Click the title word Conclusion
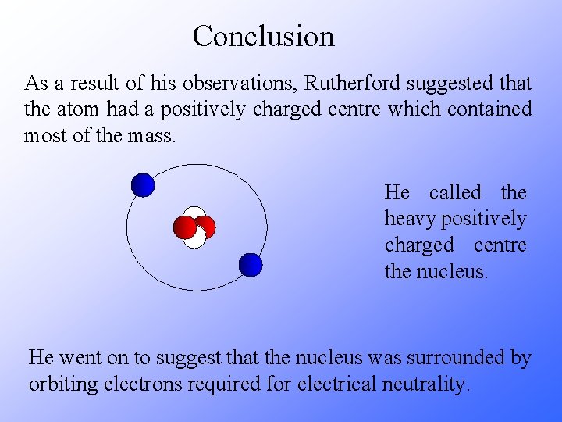263,36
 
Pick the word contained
489,109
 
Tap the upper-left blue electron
143,184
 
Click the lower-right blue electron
251,265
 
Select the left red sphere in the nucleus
185,227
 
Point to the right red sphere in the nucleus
205,227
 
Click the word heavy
409,219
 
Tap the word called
455,192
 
